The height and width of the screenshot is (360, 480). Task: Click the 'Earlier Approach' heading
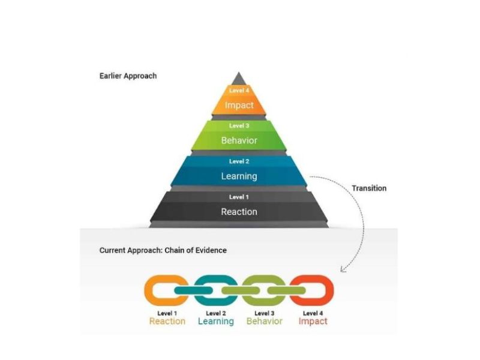point(128,76)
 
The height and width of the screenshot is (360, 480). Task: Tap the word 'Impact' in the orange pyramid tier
point(239,105)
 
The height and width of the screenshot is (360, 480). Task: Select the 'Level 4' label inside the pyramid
point(239,91)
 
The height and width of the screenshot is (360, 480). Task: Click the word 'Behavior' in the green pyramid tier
point(239,140)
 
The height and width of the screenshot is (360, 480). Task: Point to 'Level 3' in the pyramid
point(239,126)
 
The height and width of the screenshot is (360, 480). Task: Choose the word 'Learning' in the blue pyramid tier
point(239,176)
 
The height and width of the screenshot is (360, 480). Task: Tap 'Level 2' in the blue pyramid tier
point(239,161)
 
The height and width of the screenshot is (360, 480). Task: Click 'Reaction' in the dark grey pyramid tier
point(239,211)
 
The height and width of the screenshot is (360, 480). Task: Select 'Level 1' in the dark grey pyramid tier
point(239,197)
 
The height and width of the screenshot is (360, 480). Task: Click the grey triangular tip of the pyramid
point(239,79)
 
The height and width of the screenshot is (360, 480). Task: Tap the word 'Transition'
point(369,188)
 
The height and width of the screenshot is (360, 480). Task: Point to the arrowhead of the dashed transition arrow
point(343,269)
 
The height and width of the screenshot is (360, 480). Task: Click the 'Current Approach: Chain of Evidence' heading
point(163,250)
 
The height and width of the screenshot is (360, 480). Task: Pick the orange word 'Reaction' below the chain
point(167,321)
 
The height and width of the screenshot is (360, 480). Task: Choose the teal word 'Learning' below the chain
point(216,321)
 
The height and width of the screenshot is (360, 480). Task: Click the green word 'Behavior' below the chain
point(265,321)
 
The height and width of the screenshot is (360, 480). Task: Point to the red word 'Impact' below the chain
point(313,321)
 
